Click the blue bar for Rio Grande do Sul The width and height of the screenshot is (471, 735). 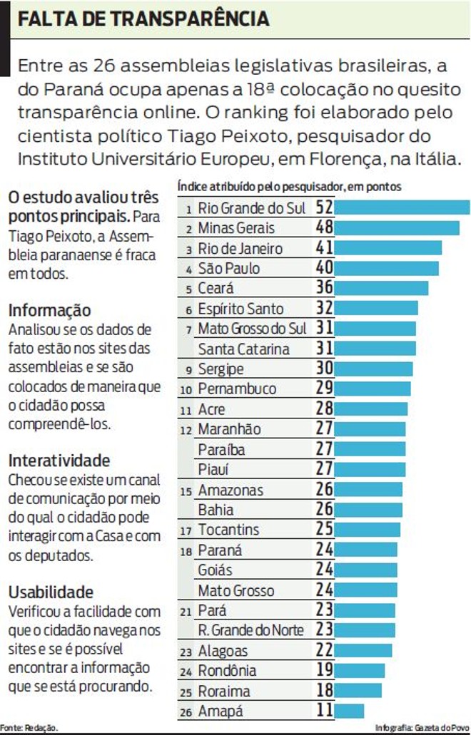402,208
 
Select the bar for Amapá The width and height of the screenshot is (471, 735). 349,711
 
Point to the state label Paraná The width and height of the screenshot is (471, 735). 220,550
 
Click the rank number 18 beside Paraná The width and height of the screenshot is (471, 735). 188,551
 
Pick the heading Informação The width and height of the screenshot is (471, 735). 49,311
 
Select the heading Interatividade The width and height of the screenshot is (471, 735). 59,460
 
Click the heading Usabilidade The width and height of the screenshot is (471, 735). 51,592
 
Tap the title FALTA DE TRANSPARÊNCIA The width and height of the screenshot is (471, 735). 143,19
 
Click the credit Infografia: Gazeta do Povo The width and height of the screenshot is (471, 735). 422,728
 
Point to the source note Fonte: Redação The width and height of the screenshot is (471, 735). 29,728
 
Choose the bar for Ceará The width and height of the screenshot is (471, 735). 381,288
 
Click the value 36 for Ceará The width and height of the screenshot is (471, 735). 325,289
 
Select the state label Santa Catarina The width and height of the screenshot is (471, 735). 243,349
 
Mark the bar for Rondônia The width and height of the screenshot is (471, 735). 359,671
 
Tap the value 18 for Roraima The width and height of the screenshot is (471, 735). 325,691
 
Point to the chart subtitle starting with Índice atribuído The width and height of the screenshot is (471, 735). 289,187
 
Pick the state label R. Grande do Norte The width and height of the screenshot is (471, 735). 250,630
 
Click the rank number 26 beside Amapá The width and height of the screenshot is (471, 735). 188,712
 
